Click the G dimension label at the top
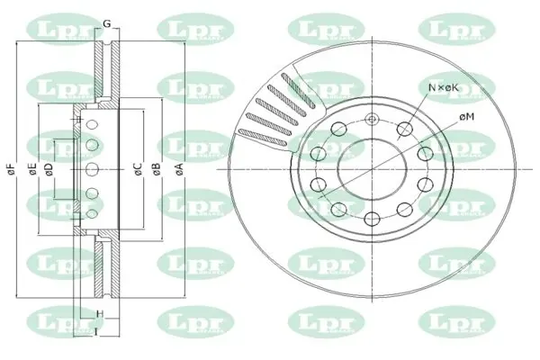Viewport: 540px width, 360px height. pyautogui.click(x=106, y=22)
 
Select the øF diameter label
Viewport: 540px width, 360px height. pyautogui.click(x=11, y=168)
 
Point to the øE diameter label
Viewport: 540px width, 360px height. pyautogui.click(x=32, y=168)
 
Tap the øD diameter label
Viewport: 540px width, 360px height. pyautogui.click(x=49, y=168)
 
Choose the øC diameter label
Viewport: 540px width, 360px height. pyautogui.click(x=138, y=168)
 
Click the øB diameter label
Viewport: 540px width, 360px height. pyautogui.click(x=156, y=168)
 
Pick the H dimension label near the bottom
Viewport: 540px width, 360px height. pyautogui.click(x=100, y=314)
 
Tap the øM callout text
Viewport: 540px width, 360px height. pyautogui.click(x=466, y=117)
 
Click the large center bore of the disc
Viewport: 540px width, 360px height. pyautogui.click(x=371, y=168)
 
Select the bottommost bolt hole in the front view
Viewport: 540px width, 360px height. pyautogui.click(x=371, y=217)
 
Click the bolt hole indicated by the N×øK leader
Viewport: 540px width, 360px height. pyautogui.click(x=404, y=130)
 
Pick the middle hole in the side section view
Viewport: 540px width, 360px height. pyautogui.click(x=91, y=168)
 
